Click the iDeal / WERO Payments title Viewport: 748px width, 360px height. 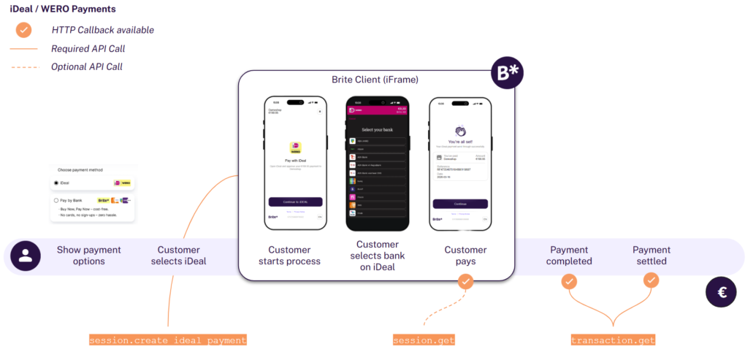coord(63,9)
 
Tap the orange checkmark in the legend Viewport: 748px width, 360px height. coord(24,30)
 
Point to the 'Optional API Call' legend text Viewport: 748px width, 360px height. coord(87,67)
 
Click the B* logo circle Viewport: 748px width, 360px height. coord(508,75)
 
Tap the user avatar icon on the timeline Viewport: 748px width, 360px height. coord(26,256)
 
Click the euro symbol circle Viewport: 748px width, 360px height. coord(721,292)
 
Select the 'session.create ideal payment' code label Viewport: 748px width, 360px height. coord(168,340)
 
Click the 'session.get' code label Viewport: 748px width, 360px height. coord(424,340)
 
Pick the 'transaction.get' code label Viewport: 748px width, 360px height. coord(613,340)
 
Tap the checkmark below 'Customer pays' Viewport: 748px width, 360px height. coord(465,280)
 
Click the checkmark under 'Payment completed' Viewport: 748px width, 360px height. coord(569,280)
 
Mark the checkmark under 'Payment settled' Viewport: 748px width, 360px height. coord(651,280)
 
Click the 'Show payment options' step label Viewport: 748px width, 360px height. coord(89,256)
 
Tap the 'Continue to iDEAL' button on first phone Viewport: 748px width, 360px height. coord(295,202)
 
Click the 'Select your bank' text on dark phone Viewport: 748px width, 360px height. coord(377,129)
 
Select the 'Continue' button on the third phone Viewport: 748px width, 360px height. coord(460,204)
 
